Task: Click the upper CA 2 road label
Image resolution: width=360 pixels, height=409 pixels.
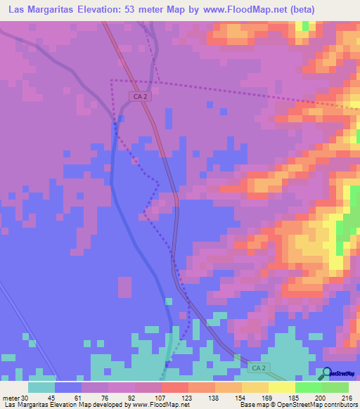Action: click(x=141, y=96)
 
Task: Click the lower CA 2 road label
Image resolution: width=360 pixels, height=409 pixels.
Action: click(x=259, y=368)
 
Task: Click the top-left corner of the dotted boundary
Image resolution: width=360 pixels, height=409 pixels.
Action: click(x=112, y=81)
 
